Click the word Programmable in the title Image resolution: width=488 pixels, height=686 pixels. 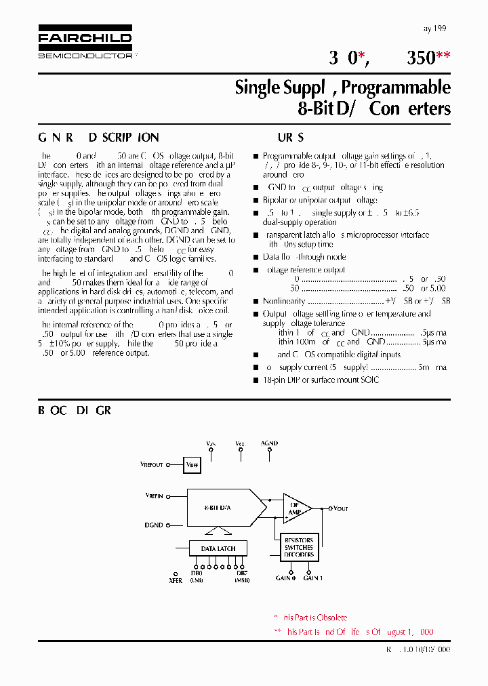pyautogui.click(x=396, y=87)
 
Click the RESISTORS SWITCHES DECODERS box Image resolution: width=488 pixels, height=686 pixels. pyautogui.click(x=299, y=547)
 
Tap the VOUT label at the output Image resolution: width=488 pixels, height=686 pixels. pyautogui.click(x=340, y=508)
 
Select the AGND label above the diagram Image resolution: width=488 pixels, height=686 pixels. pyautogui.click(x=269, y=443)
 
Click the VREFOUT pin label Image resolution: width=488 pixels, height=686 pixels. pyautogui.click(x=152, y=465)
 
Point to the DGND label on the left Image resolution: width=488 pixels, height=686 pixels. pyautogui.click(x=154, y=525)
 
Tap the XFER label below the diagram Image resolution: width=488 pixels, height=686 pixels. pyautogui.click(x=175, y=580)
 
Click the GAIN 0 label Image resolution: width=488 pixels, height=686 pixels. pyautogui.click(x=285, y=578)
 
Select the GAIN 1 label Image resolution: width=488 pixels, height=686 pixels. pyautogui.click(x=313, y=578)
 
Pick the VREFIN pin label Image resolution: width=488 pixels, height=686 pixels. pyautogui.click(x=154, y=497)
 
